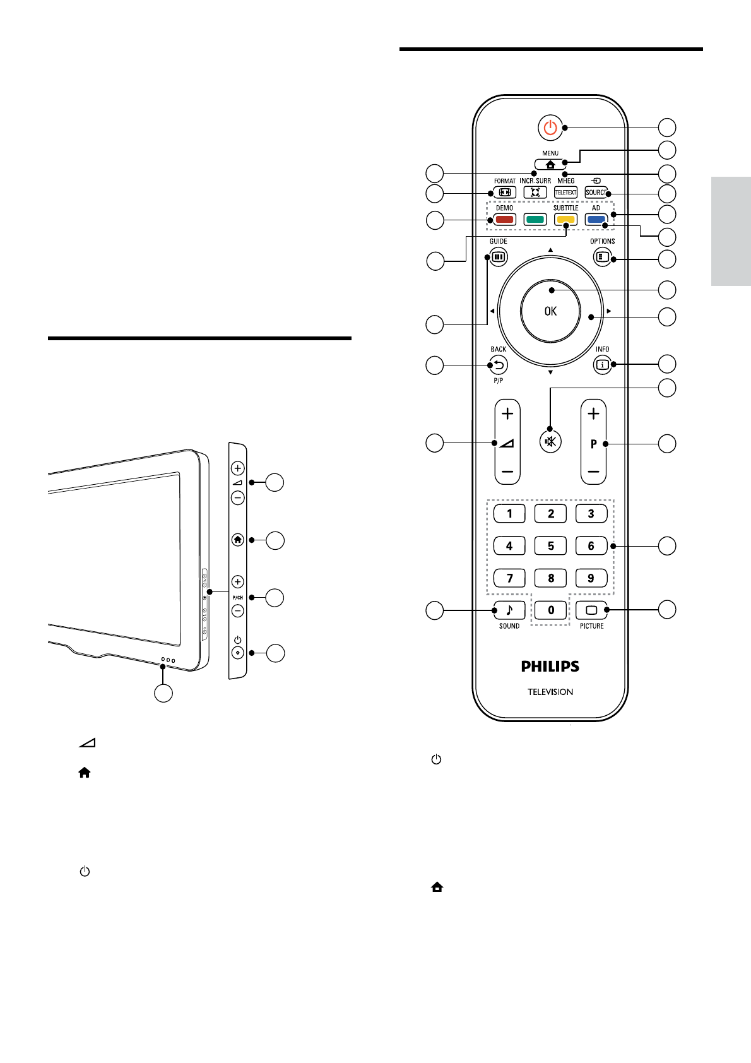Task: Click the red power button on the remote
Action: pos(550,128)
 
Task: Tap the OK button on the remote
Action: pos(550,311)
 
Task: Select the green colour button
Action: pos(535,220)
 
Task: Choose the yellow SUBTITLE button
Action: pos(565,220)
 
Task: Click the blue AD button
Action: pos(596,220)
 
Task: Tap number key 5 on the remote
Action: pos(550,545)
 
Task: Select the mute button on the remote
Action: pos(550,441)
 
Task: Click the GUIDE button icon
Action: pos(498,257)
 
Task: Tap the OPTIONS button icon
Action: pos(603,257)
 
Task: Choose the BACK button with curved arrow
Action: pos(498,364)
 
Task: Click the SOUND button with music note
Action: pos(509,610)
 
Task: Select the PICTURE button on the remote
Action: pos(591,610)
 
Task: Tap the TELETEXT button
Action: pos(565,193)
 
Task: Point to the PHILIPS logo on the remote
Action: pos(550,667)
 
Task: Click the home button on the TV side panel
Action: pos(237,540)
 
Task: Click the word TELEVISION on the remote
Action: pos(550,692)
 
